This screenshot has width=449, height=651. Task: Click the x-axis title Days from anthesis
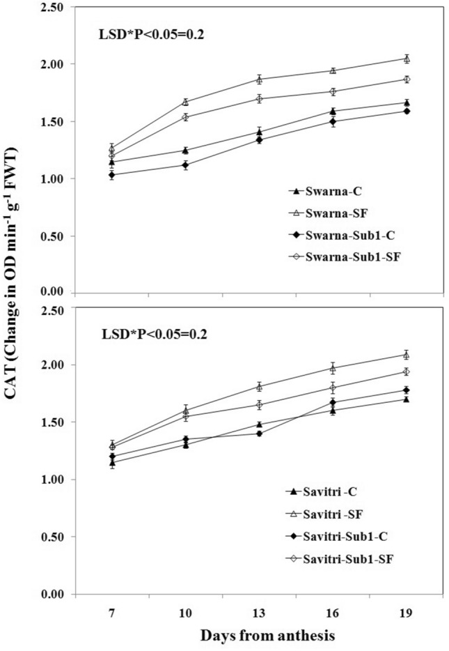click(259, 636)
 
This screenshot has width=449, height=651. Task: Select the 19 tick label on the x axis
click(407, 613)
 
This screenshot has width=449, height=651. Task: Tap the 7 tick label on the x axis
click(111, 613)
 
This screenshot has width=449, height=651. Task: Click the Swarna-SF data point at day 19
click(407, 59)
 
